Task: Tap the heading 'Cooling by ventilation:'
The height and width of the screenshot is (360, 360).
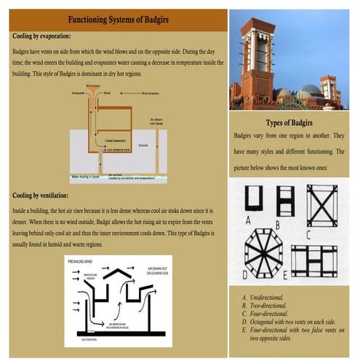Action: [41, 196]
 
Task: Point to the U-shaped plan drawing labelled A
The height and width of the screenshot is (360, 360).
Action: [254, 198]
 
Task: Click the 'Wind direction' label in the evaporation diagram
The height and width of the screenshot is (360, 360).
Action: [155, 94]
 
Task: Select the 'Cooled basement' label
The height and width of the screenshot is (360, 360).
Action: [116, 141]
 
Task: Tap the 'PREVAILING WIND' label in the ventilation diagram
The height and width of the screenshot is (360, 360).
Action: [80, 260]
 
